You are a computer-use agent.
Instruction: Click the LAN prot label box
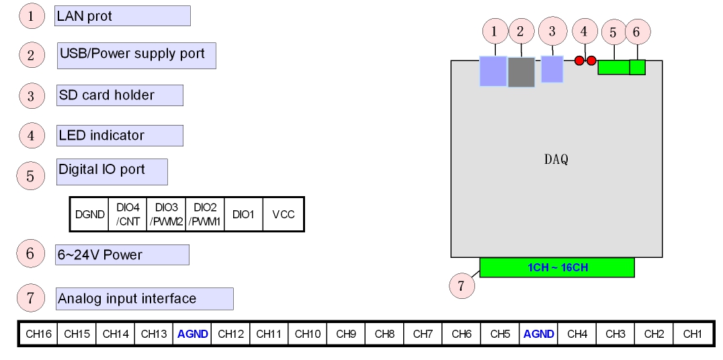(x=122, y=16)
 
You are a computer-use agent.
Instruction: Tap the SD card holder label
(x=120, y=95)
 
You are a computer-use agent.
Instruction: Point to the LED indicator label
(x=120, y=135)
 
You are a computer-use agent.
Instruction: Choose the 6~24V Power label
(x=122, y=255)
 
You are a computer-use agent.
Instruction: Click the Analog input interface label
(x=144, y=299)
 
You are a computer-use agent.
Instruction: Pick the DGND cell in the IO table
(x=89, y=215)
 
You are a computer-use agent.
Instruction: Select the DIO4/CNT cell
(x=128, y=215)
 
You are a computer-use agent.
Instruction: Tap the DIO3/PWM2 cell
(x=166, y=215)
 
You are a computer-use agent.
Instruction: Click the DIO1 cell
(x=243, y=215)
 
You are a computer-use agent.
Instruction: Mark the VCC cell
(x=283, y=215)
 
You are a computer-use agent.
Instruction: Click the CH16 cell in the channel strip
(x=38, y=334)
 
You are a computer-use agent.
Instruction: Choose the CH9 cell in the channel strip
(x=345, y=334)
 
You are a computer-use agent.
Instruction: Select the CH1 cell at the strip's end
(x=692, y=334)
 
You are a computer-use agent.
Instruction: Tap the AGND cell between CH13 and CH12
(x=193, y=334)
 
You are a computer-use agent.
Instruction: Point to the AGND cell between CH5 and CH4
(x=538, y=334)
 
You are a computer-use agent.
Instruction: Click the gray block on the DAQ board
(x=521, y=72)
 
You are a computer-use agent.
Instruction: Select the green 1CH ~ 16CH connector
(x=557, y=267)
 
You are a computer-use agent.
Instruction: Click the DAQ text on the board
(x=556, y=160)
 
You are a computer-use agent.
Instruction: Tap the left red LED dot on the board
(x=579, y=61)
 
